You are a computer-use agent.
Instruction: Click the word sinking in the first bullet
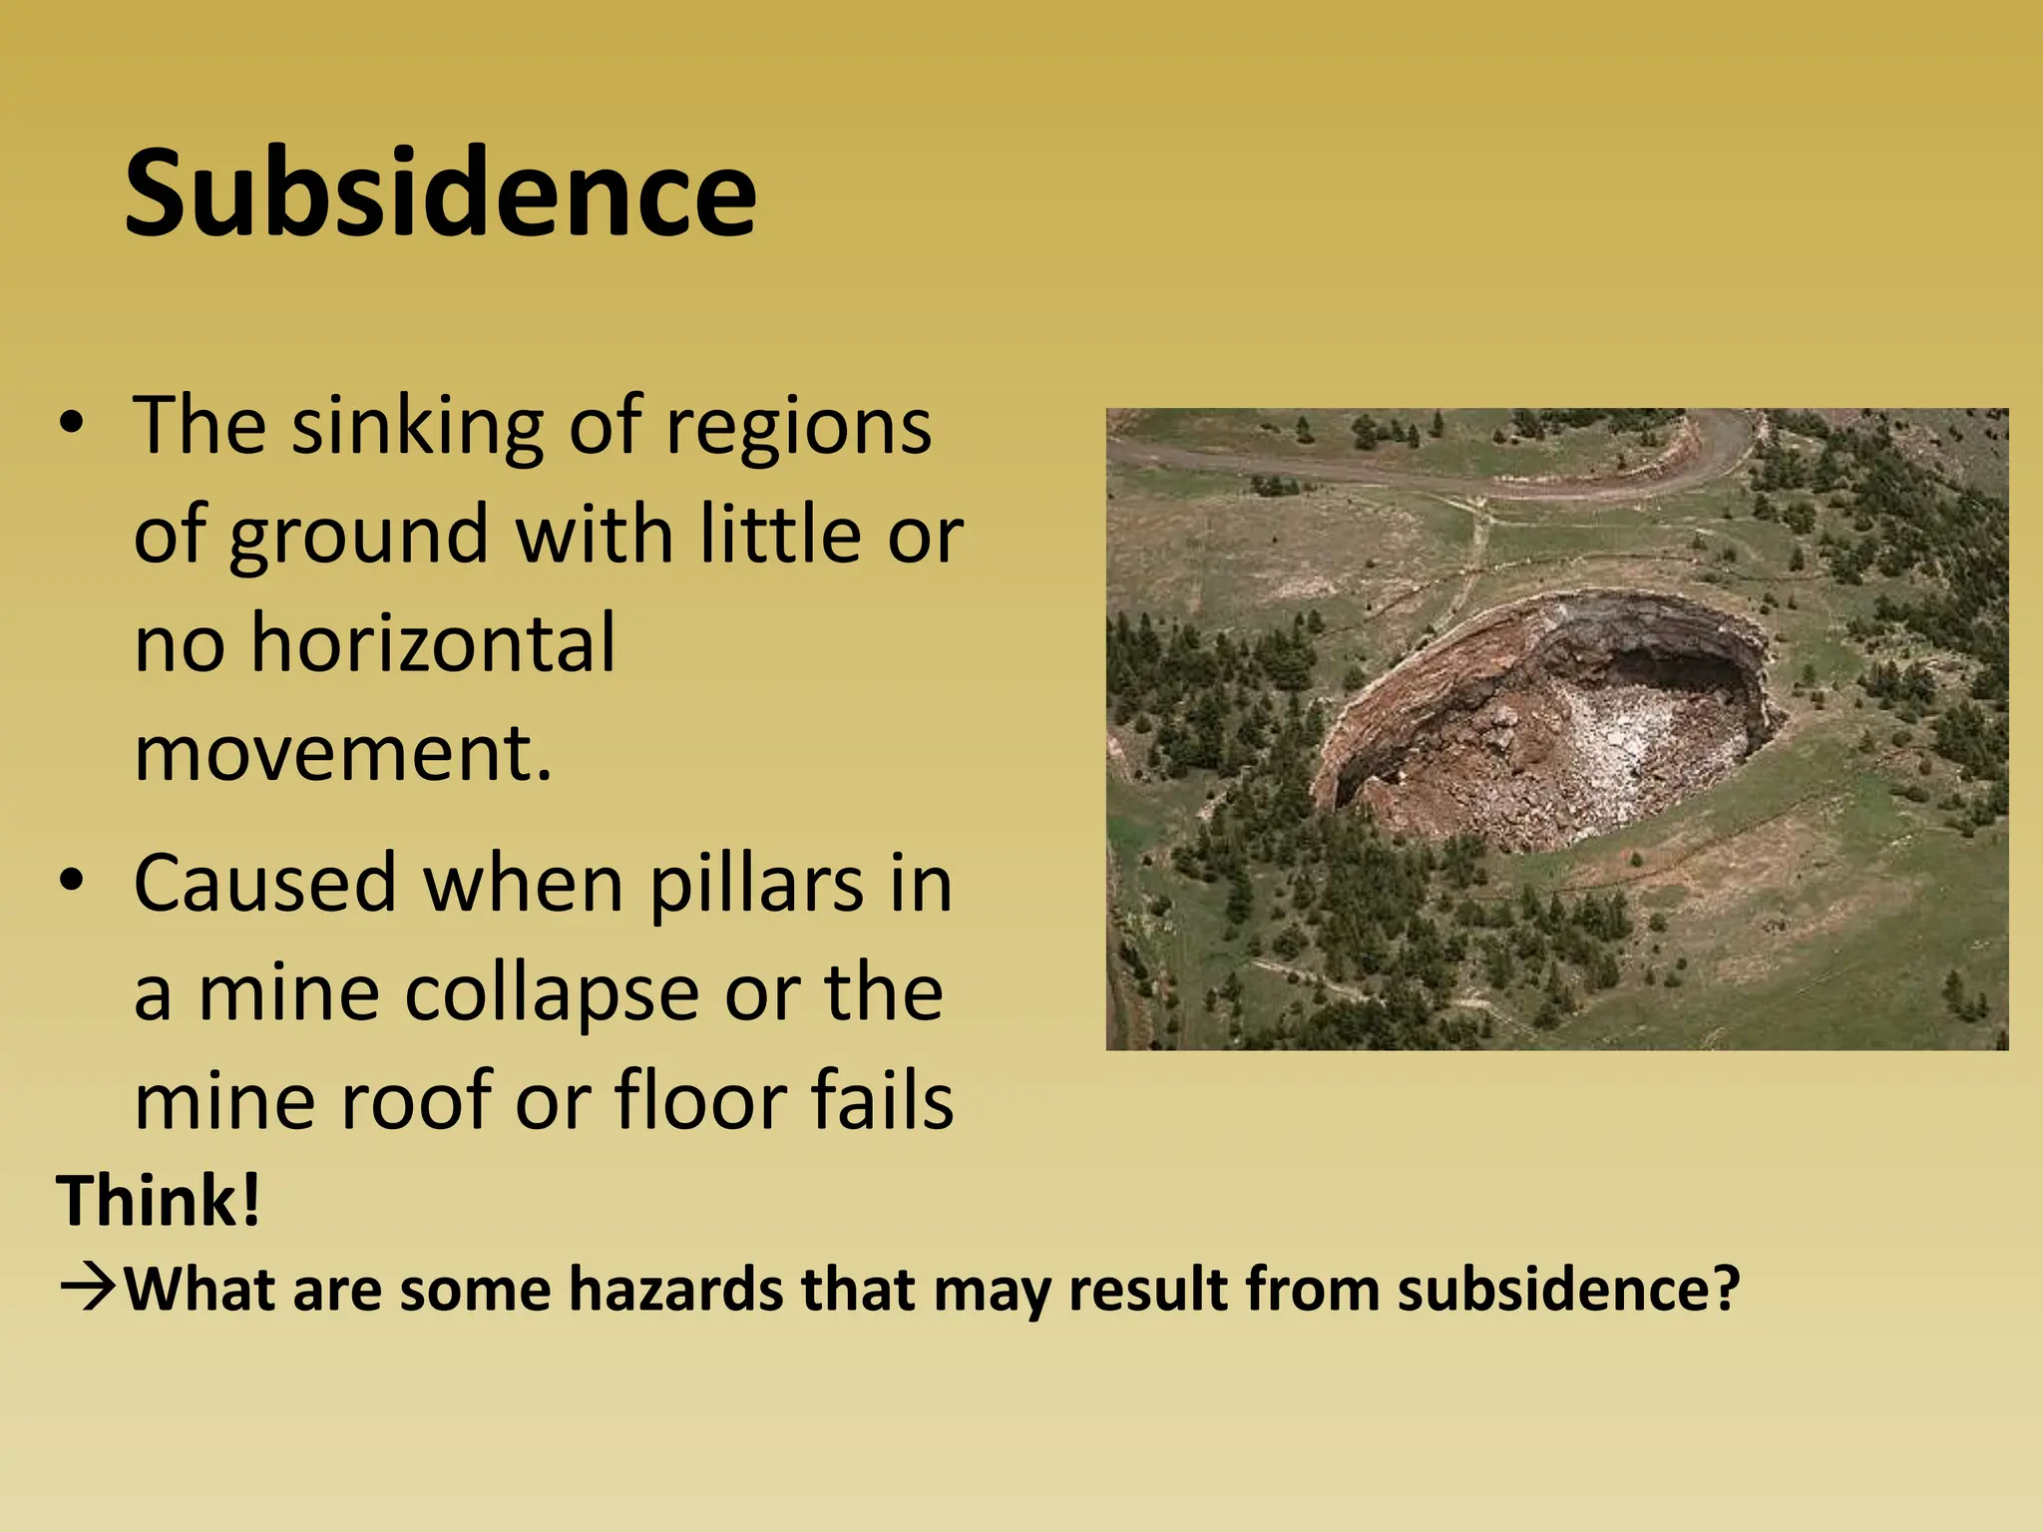418,427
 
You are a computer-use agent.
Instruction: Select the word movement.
342,752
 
